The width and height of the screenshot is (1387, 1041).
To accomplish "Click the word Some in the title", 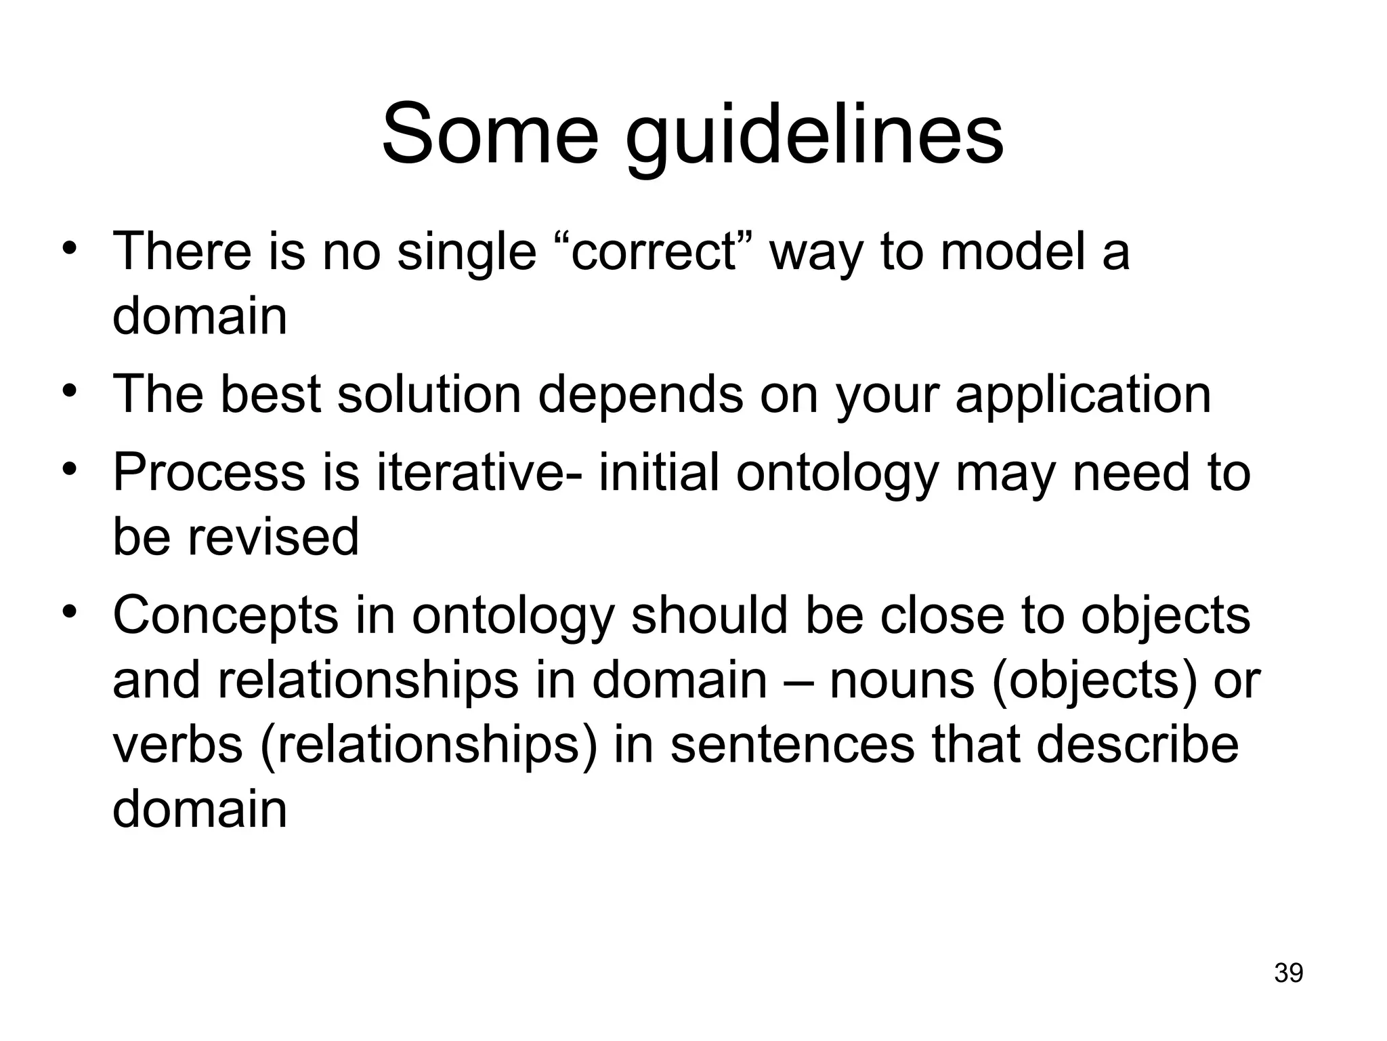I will (490, 134).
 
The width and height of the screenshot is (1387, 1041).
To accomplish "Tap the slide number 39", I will (1288, 973).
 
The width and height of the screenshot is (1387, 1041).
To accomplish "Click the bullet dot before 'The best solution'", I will (69, 391).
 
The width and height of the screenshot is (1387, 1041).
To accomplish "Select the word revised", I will (272, 537).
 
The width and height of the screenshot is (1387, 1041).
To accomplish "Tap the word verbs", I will (177, 745).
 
